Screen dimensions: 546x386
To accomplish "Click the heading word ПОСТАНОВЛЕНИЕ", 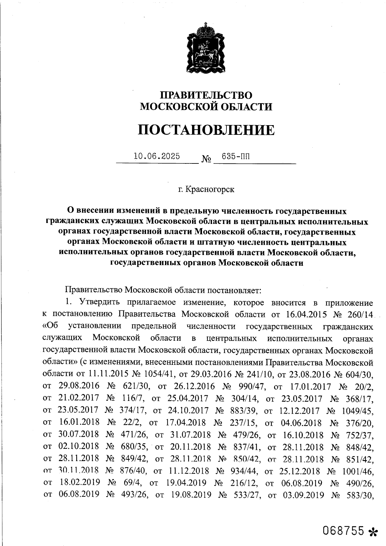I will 206,130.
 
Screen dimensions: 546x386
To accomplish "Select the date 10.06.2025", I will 157,157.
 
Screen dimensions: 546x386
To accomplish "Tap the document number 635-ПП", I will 235,157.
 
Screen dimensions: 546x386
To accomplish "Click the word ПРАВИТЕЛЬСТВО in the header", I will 206,95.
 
